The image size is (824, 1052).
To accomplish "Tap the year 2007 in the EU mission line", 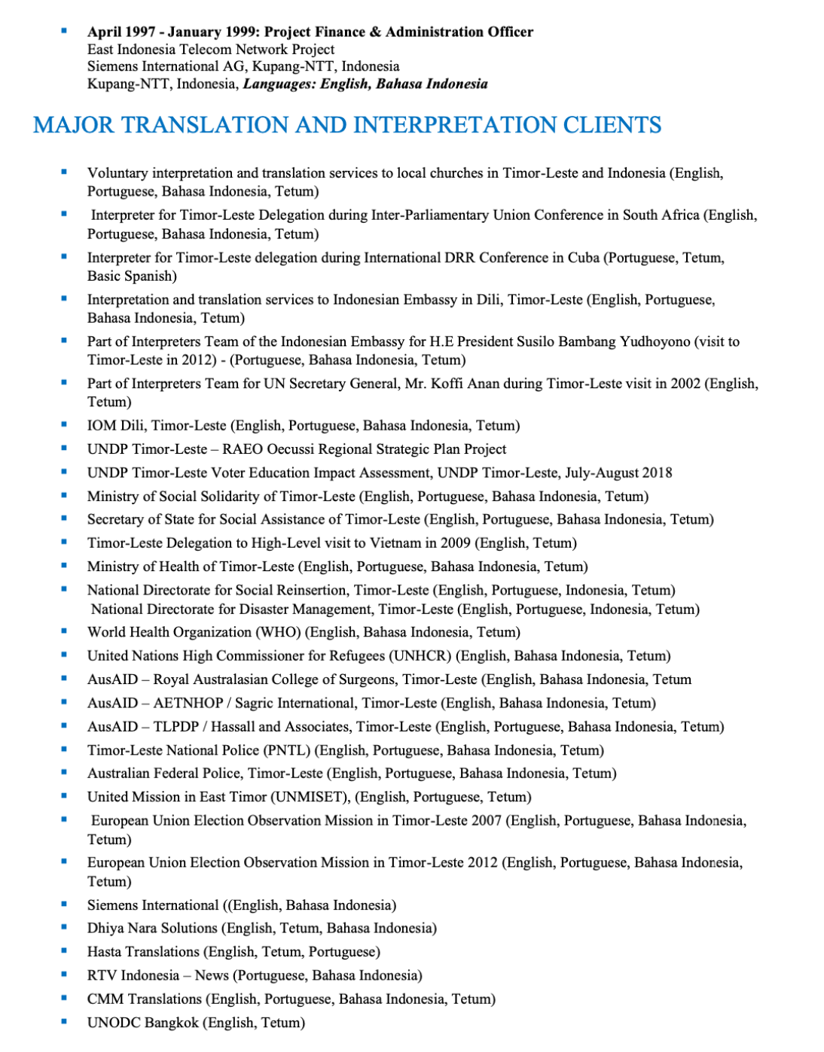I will (486, 820).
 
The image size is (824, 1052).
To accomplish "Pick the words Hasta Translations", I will (143, 952).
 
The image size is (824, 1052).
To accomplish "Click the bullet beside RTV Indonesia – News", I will (64, 974).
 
